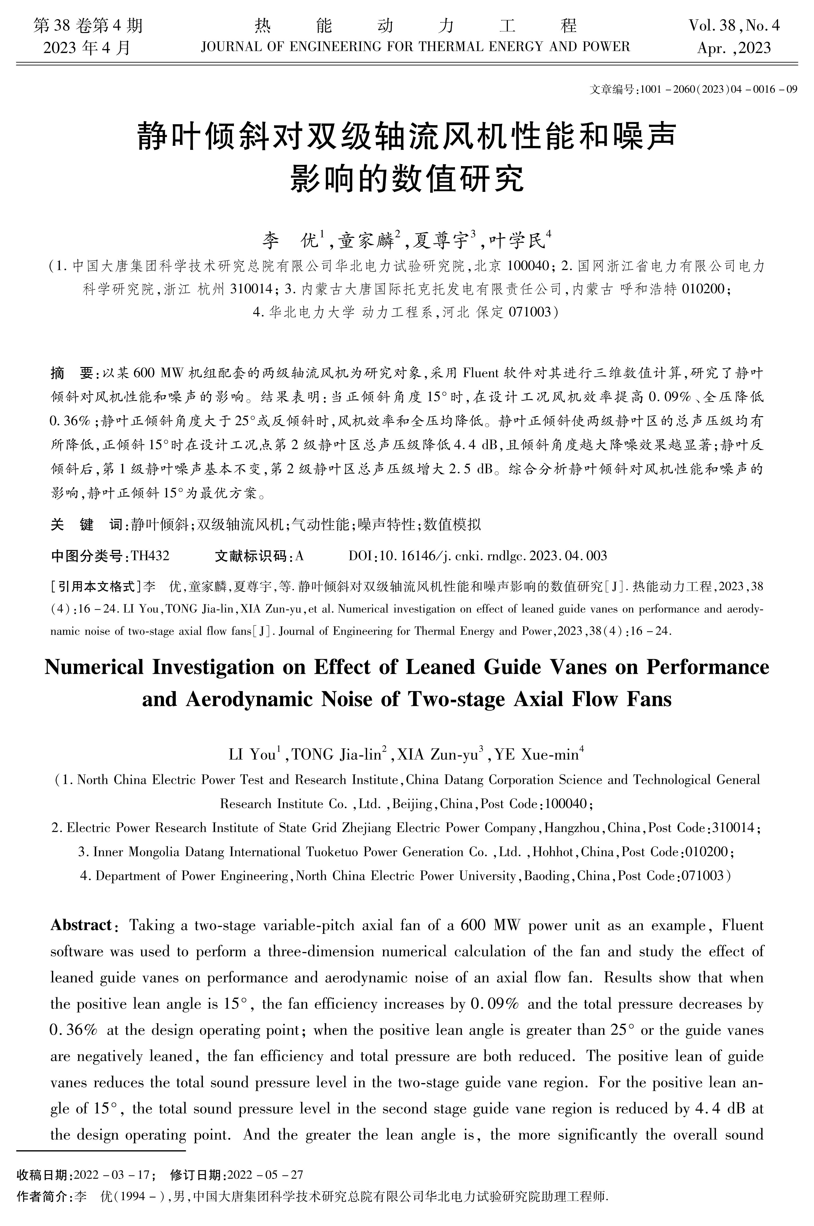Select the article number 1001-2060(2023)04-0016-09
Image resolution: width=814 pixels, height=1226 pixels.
coord(719,89)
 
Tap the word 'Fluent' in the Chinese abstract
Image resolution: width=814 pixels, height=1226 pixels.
coord(480,373)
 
